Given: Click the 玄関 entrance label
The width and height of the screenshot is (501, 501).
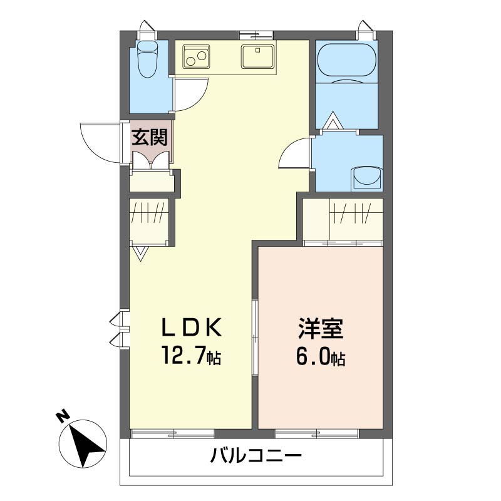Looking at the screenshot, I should point(149,137).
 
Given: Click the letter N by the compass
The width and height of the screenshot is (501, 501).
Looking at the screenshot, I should point(62,416).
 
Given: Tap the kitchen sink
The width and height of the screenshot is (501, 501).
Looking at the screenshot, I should point(257,56).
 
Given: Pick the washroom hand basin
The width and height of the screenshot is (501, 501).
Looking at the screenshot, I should point(366,177).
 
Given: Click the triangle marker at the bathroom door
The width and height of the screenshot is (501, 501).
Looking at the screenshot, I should point(332,121).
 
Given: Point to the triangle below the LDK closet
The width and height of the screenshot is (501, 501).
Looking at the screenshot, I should point(140,253).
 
